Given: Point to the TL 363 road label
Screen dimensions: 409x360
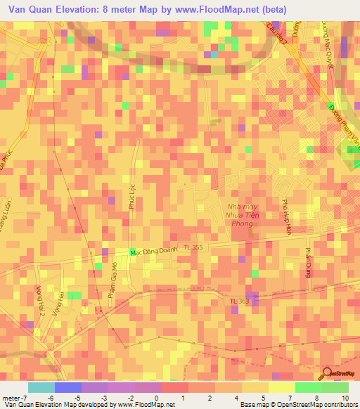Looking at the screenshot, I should tap(239, 301).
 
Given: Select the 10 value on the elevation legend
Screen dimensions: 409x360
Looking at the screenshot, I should tap(345, 398).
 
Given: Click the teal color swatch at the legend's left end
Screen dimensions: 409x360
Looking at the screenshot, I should tap(41, 387).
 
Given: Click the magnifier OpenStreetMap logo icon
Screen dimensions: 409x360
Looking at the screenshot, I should tap(327, 372).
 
